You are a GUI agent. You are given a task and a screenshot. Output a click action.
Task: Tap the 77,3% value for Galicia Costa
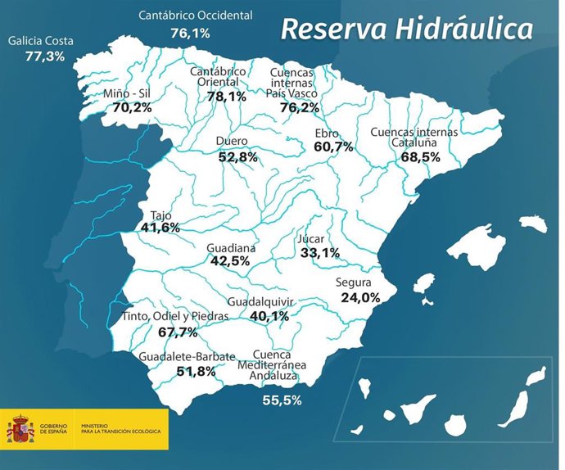pyautogui.click(x=45, y=56)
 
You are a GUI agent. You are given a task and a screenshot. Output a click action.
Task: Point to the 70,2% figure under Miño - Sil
pyautogui.click(x=133, y=107)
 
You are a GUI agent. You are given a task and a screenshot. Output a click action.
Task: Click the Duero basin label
pyautogui.click(x=232, y=141)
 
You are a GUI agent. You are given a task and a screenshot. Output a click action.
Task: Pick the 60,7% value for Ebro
pyautogui.click(x=333, y=147)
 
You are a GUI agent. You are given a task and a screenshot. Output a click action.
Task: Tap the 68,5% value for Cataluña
pyautogui.click(x=421, y=156)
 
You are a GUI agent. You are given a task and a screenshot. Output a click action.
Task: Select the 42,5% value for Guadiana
pyautogui.click(x=230, y=261)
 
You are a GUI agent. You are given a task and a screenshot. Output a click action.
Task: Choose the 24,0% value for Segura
pyautogui.click(x=359, y=297)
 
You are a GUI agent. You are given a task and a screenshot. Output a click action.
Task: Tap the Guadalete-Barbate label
pyautogui.click(x=188, y=357)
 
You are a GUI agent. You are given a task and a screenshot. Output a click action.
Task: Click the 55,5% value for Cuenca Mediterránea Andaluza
pyautogui.click(x=282, y=400)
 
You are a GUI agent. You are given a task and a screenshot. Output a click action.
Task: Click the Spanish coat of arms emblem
pyautogui.click(x=21, y=428)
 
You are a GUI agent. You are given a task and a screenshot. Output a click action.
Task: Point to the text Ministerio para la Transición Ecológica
pyautogui.click(x=121, y=429)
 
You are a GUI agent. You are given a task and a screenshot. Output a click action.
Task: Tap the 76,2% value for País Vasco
pyautogui.click(x=299, y=107)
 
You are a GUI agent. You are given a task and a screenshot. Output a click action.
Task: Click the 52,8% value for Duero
pyautogui.click(x=238, y=156)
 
